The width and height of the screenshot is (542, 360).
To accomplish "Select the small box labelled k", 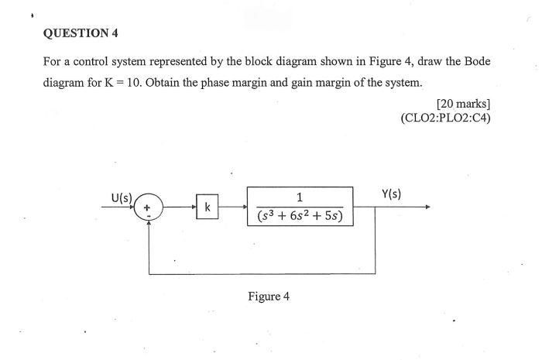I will (x=207, y=207).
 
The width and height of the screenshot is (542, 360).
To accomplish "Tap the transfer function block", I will (x=300, y=207).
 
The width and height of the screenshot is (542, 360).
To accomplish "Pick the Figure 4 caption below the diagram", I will (x=269, y=297).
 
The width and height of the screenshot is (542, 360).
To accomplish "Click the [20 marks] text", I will (x=463, y=103).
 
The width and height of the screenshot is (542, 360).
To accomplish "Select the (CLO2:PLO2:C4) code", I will (x=445, y=118).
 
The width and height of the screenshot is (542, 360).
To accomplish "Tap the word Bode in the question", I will (x=472, y=60).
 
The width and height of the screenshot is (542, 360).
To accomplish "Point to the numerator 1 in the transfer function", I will (x=300, y=197).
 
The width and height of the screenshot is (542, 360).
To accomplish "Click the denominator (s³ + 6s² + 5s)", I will (x=300, y=216).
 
